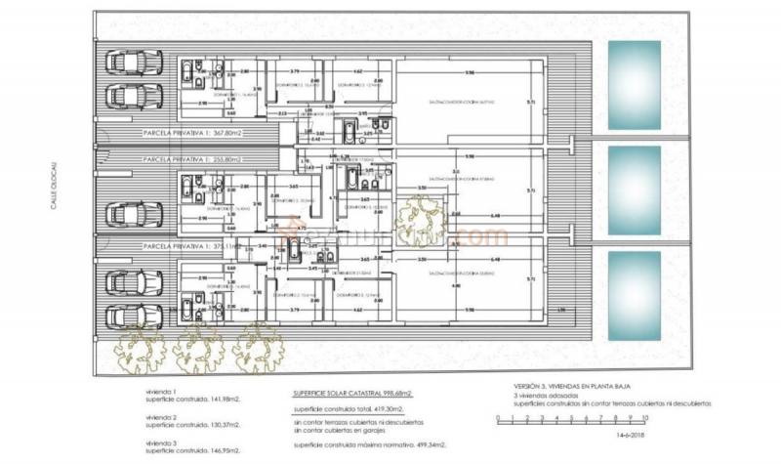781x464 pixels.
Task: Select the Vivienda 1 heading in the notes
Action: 160,390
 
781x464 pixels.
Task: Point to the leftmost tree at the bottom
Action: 140,347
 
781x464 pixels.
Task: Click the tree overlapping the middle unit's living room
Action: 421,220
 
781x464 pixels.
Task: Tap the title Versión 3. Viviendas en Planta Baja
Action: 585,386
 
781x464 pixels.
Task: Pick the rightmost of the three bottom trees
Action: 258,347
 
